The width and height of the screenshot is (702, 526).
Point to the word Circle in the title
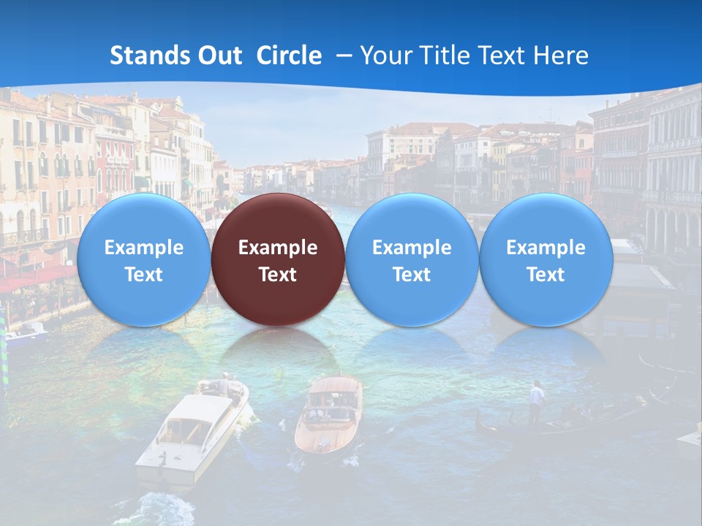click(289, 56)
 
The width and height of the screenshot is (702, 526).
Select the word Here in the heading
click(562, 56)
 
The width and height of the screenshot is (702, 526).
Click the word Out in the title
click(221, 56)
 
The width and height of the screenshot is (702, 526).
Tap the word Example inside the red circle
click(277, 248)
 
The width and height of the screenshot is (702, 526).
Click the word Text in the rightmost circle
click(546, 275)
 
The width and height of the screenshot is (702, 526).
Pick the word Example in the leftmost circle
click(143, 248)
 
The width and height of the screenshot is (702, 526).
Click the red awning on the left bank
click(37, 278)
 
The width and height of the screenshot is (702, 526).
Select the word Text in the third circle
click(412, 275)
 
